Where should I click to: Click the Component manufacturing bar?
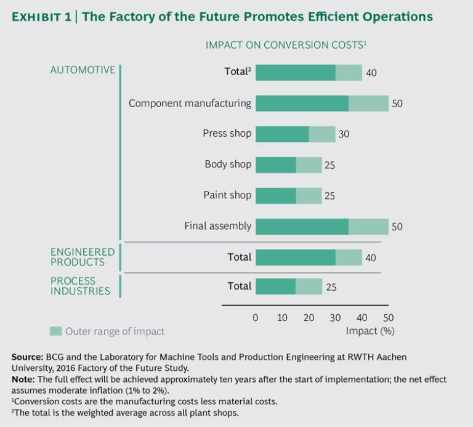pos(321,104)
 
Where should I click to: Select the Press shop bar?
pos(295,134)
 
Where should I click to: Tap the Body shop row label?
pos(228,165)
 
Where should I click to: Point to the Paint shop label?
pos(227,195)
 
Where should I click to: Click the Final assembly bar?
pos(321,226)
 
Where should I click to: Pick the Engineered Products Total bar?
pos(309,257)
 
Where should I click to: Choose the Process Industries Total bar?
pos(288,287)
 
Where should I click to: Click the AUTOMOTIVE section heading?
pos(83,70)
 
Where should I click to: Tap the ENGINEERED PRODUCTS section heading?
pos(83,257)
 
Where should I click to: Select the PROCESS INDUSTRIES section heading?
pos(80,286)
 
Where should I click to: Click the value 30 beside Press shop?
pos(344,134)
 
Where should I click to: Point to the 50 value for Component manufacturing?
pos(397,104)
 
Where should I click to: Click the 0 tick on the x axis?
pos(256,318)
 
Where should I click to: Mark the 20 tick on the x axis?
pos(309,318)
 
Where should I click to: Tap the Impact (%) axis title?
pos(370,331)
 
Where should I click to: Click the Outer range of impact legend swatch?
pos(55,331)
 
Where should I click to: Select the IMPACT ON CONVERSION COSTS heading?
pos(286,45)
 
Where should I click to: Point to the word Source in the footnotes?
pos(26,357)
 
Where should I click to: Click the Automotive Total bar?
pos(309,73)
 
